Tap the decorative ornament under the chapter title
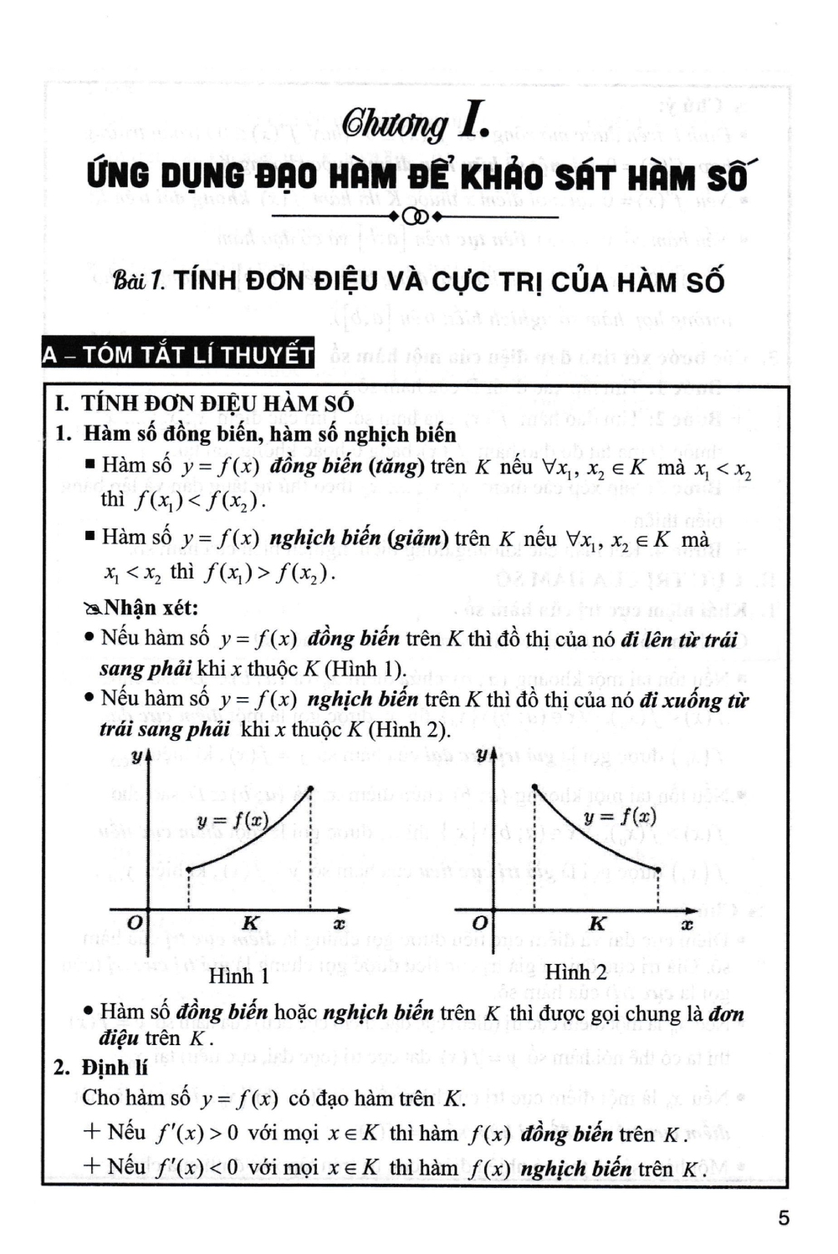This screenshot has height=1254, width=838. coord(416,218)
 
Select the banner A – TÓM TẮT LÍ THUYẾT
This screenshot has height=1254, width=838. coord(177,354)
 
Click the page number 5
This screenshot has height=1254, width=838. coord(783,1218)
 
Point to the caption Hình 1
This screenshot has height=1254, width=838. coord(239,976)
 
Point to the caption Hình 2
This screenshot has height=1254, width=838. coord(575,972)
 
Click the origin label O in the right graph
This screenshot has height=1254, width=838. coord(479,923)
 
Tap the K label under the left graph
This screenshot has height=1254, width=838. coord(250,924)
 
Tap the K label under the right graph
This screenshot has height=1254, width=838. coord(597,924)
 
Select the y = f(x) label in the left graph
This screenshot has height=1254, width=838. coord(232,821)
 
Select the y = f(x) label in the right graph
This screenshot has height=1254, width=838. coord(620,817)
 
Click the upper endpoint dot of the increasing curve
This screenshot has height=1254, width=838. coord(311,788)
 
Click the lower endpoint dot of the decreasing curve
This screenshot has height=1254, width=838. coord(658,870)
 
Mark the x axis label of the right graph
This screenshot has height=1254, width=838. coord(687,925)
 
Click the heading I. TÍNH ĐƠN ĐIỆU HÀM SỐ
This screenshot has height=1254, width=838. coord(205,403)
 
